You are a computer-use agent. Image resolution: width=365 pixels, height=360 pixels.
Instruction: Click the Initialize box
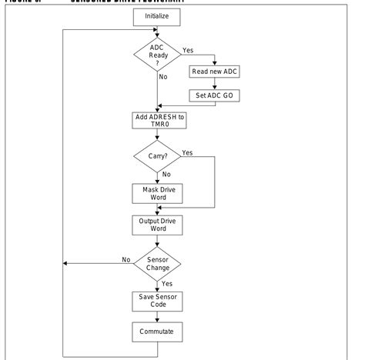click(x=157, y=15)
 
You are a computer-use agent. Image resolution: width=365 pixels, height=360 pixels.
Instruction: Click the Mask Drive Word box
click(x=157, y=193)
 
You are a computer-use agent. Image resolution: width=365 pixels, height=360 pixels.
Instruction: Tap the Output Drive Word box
click(x=157, y=224)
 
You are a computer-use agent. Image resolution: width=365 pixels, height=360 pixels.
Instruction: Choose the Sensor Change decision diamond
click(x=157, y=263)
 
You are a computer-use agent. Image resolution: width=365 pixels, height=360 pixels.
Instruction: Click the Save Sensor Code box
click(x=157, y=301)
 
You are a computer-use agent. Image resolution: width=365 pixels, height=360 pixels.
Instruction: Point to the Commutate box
click(x=157, y=332)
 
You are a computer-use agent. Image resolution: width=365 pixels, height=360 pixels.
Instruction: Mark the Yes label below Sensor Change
click(x=168, y=284)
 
